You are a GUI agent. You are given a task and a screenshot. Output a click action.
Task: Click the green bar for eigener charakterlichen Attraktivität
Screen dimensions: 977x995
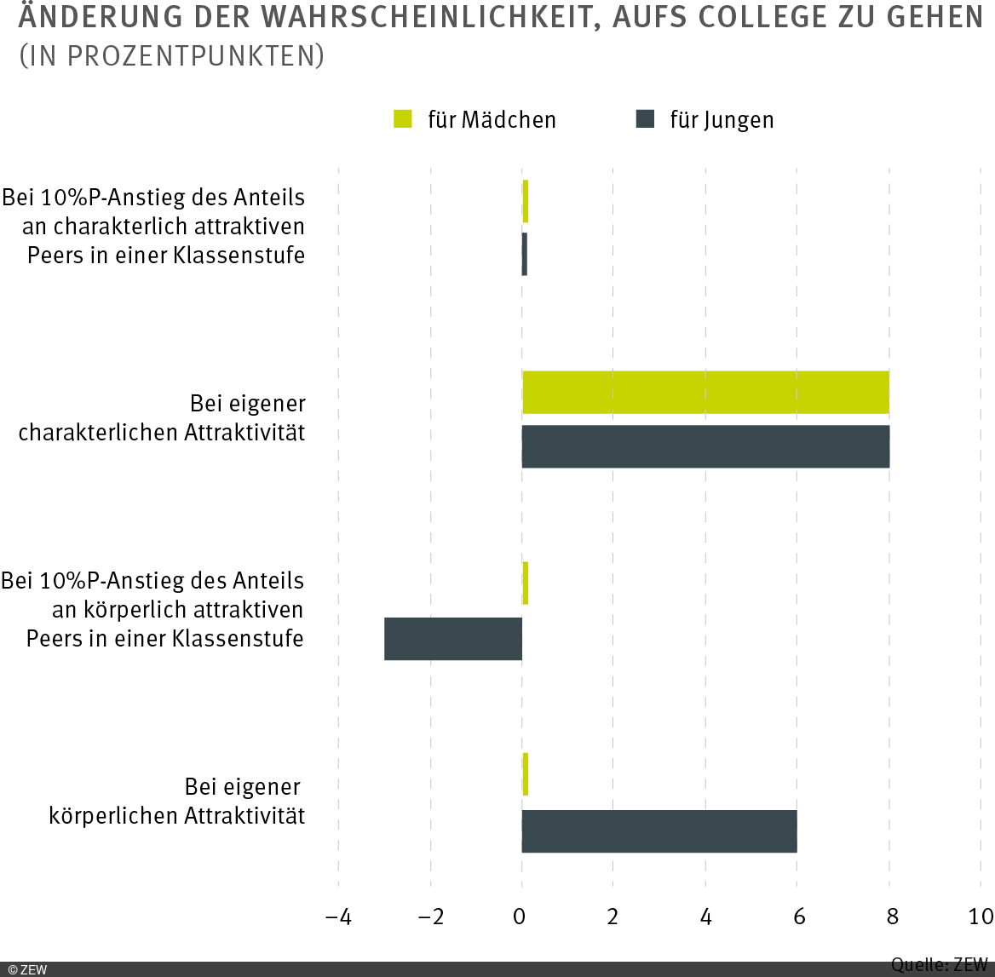[705, 393]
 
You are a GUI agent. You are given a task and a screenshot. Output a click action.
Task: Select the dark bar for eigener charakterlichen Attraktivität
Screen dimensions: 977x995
[705, 446]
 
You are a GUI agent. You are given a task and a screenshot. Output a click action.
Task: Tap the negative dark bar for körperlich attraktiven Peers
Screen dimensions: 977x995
[453, 639]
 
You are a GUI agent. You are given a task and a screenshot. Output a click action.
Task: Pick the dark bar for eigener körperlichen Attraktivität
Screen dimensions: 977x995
[659, 830]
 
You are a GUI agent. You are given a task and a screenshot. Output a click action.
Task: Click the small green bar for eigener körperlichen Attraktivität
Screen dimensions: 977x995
[526, 774]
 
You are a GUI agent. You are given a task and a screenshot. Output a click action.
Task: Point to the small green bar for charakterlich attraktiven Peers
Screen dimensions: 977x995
[526, 201]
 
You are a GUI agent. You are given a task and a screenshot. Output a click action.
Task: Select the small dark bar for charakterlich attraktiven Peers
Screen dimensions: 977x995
[525, 254]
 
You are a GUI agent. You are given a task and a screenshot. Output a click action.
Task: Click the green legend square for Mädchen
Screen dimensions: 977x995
[403, 119]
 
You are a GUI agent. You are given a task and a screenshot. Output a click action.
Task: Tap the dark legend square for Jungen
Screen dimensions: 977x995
[646, 119]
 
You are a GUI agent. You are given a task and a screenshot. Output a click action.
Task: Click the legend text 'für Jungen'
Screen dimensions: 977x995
[722, 120]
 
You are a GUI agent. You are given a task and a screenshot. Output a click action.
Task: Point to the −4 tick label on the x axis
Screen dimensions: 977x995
[338, 917]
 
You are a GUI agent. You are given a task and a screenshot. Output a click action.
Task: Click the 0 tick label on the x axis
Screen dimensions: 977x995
[520, 917]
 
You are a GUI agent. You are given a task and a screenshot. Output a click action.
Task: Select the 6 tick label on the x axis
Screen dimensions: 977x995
[798, 917]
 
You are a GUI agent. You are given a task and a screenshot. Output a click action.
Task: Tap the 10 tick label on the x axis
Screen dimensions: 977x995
[981, 917]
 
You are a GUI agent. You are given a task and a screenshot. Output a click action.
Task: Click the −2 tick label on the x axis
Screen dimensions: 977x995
[431, 917]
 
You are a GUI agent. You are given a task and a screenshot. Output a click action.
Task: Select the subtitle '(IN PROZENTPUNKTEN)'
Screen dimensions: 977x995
[171, 56]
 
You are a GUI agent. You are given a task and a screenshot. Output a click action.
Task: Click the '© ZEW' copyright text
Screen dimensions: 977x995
[27, 969]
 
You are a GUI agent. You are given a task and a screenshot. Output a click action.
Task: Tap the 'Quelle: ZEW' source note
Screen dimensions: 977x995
[939, 965]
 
